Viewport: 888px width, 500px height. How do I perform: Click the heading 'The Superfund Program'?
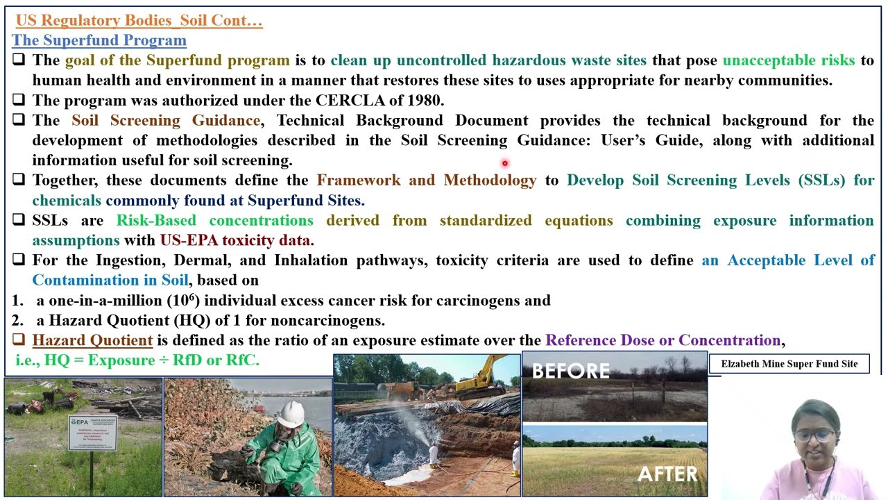[x=99, y=40]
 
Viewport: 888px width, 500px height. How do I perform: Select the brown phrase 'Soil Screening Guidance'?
[x=166, y=121]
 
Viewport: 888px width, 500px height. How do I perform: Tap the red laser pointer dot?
[x=505, y=164]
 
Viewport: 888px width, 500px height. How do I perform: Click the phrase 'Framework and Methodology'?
[x=427, y=181]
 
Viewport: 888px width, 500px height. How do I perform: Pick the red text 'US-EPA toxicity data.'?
[x=237, y=241]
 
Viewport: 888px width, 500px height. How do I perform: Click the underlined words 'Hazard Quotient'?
[x=92, y=341]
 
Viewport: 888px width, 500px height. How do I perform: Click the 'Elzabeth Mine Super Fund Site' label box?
[x=789, y=364]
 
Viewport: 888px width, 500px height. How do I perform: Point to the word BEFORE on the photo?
[x=570, y=371]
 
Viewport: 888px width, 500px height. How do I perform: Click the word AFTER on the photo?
[x=667, y=474]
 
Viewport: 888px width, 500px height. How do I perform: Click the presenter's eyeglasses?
[x=814, y=435]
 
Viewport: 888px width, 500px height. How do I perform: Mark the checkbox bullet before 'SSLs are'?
[x=19, y=220]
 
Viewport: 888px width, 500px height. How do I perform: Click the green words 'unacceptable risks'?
[x=788, y=60]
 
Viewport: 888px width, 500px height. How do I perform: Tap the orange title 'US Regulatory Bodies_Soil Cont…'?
[x=139, y=21]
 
